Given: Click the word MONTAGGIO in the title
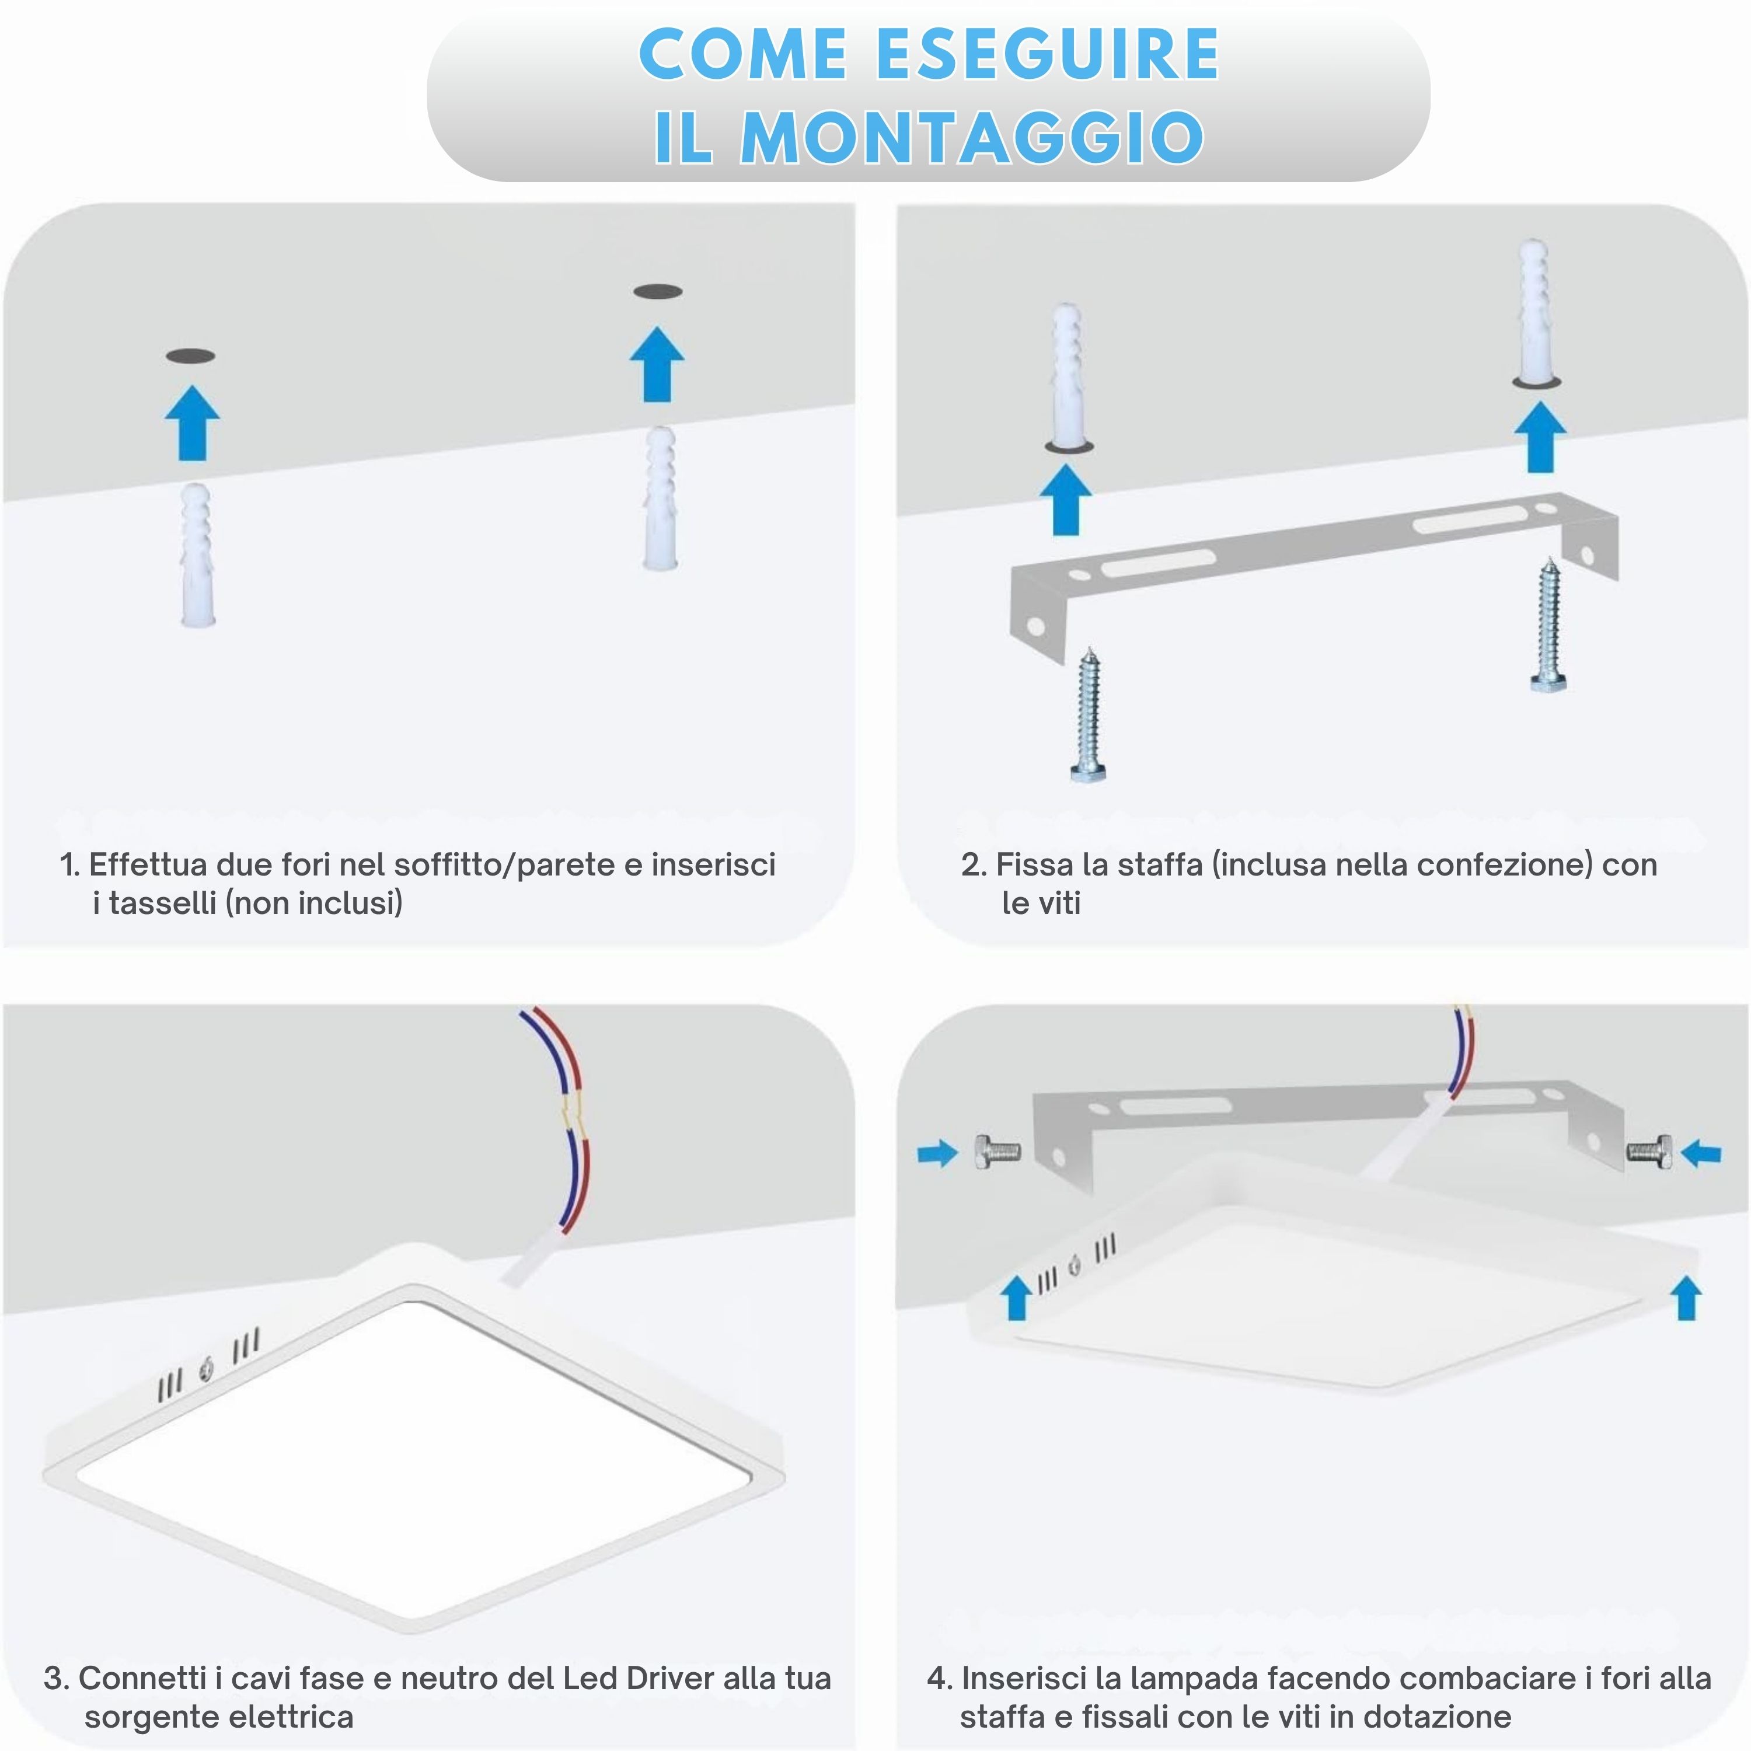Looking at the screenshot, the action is coord(972,138).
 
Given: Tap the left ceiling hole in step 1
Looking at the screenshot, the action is coord(190,356).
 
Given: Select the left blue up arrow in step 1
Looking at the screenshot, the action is coord(192,423).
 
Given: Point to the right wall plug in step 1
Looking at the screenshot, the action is coord(661,498).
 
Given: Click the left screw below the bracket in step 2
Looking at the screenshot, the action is coord(1089,715).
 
